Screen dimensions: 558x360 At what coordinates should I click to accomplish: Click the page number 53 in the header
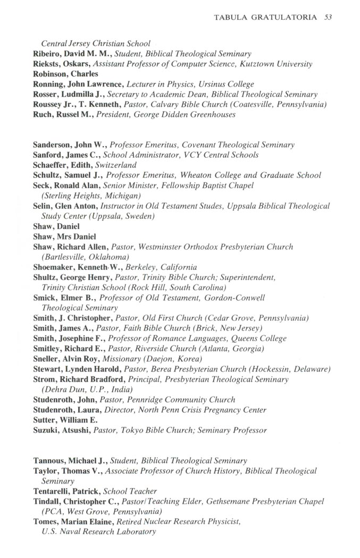tap(328, 18)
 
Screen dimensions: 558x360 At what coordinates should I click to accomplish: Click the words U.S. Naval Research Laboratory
tap(98, 531)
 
